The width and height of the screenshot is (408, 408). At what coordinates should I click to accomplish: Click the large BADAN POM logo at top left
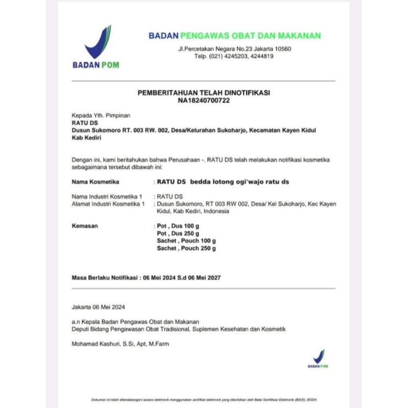pos(96,47)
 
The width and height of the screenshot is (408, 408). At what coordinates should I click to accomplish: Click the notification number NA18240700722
pos(204,100)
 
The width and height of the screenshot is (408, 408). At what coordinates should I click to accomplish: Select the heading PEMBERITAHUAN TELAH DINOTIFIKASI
pos(204,93)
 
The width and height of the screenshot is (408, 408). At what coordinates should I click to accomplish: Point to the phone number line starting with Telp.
pos(234,56)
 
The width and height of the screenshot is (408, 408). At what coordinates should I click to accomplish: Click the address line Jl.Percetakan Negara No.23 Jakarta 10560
pos(234,49)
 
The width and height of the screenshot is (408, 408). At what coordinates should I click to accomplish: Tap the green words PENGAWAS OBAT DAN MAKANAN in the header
pos(251,36)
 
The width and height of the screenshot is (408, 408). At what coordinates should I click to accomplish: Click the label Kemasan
pos(85,225)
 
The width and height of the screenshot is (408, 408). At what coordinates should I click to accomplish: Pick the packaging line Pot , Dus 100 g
pos(178,225)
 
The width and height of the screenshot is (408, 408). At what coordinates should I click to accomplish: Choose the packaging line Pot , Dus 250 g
pos(178,233)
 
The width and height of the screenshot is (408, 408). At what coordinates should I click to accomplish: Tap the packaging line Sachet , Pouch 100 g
pos(186,241)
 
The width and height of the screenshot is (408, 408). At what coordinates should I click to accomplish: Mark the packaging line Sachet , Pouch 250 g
pos(186,248)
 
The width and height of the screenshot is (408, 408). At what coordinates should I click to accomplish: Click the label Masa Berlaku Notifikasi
pos(105,278)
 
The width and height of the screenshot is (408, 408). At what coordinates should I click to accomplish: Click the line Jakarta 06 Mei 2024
pos(98,307)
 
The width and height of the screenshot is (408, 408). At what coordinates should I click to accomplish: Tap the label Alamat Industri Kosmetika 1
pos(109,204)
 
